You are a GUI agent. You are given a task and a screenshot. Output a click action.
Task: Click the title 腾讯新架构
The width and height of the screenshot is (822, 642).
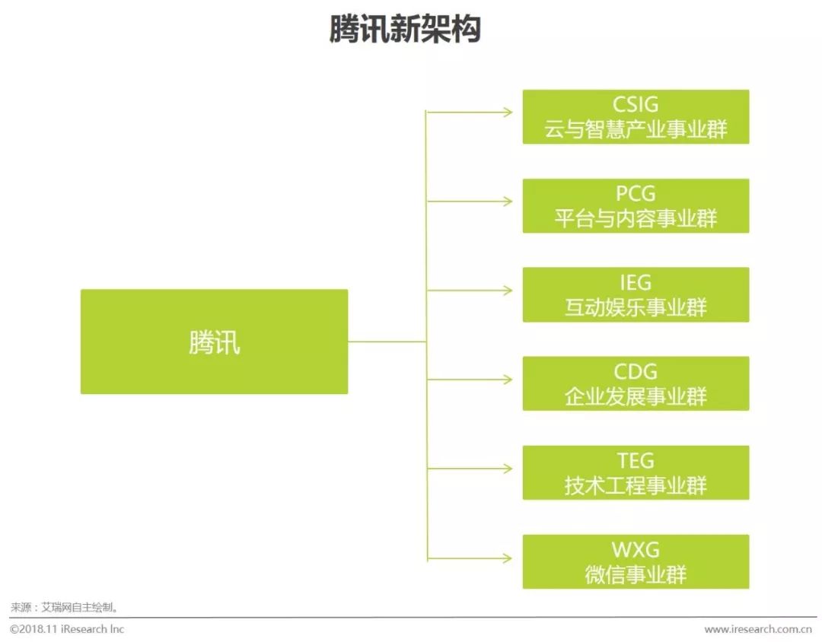pos(404,30)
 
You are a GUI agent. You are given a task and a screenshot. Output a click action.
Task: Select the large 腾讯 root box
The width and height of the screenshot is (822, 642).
pos(214,342)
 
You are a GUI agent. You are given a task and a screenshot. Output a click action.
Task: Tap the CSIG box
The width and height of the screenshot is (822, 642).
pos(636,116)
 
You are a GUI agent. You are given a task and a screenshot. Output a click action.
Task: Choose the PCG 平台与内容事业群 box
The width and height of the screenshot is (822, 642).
pos(636,205)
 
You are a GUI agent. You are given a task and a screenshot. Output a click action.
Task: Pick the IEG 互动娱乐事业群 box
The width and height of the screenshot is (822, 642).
pos(636,294)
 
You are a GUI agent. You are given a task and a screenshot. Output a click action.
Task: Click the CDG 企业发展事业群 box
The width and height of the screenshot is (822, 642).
pos(636,383)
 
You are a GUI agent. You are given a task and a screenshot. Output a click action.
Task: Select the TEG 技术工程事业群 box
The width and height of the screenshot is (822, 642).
pos(636,472)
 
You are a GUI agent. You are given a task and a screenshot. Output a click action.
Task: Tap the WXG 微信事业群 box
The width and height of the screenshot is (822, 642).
pos(636,561)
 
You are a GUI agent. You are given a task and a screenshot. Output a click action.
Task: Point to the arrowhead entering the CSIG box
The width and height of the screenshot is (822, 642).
pos(508,113)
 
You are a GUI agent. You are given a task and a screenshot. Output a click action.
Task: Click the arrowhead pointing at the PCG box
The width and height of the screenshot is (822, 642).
pos(508,202)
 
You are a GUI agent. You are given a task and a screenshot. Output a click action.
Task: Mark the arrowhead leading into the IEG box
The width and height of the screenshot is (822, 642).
pos(508,291)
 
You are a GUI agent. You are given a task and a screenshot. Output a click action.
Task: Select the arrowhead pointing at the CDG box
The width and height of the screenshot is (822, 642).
pos(508,380)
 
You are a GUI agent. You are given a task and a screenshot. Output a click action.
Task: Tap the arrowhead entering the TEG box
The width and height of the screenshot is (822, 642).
pos(508,469)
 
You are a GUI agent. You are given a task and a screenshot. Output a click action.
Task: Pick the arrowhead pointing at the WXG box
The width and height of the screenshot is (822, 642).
pos(508,558)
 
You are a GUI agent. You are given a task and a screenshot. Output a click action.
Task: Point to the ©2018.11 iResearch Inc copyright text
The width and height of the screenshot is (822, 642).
pos(67,629)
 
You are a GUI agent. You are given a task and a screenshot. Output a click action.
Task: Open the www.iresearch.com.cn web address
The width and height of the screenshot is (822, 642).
pos(757,629)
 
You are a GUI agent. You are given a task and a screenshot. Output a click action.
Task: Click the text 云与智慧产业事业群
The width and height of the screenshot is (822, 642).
pos(636,129)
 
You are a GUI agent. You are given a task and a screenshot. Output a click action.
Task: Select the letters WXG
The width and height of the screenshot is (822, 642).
pos(636,549)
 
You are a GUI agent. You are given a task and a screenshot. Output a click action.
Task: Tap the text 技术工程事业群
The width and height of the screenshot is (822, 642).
pos(636,485)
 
